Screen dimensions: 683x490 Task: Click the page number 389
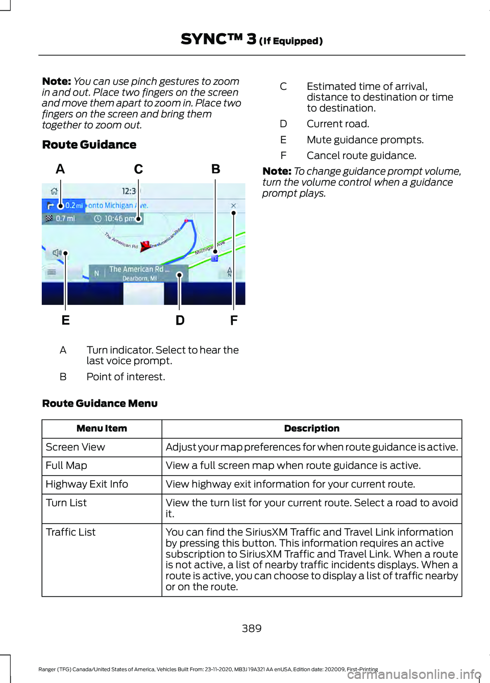[x=252, y=628]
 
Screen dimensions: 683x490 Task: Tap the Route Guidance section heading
[x=89, y=145]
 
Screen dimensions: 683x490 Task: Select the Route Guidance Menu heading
[x=100, y=404]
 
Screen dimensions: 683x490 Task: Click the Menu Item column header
[x=102, y=429]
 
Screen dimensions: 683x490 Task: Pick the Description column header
[x=311, y=429]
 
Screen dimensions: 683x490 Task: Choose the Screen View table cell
[x=76, y=447]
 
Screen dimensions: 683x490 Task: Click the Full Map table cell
[x=66, y=465]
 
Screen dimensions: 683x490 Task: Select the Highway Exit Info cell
[x=87, y=484]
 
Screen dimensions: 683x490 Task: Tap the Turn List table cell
[x=66, y=503]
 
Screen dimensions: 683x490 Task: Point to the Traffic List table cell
[x=71, y=532]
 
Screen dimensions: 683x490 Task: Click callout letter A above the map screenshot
[x=60, y=169]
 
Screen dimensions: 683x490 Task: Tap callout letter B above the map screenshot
[x=216, y=169]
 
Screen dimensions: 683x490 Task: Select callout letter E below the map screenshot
[x=65, y=320]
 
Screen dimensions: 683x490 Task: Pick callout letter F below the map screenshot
[x=234, y=320]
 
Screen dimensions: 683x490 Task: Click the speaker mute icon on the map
[x=56, y=253]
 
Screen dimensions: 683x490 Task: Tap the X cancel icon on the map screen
[x=233, y=206]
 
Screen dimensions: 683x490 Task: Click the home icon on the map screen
[x=54, y=191]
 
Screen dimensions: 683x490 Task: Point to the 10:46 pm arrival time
[x=118, y=219]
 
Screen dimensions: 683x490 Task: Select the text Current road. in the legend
[x=337, y=124]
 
